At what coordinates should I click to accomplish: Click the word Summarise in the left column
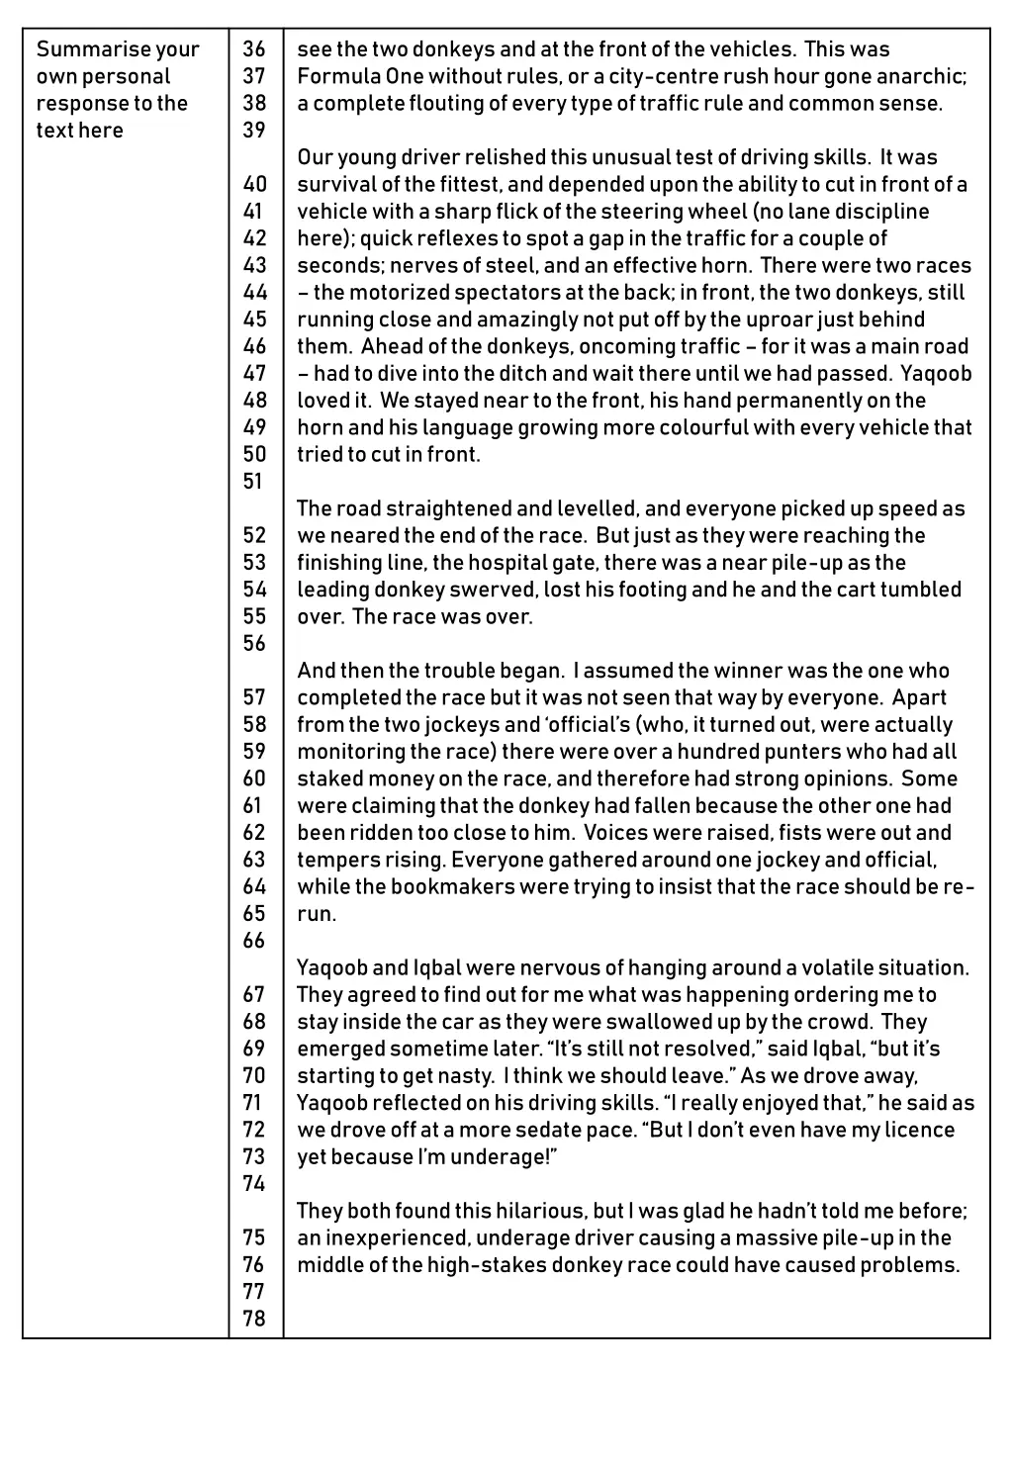pos(79,49)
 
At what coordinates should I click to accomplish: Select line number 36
pos(254,49)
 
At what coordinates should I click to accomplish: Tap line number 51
pos(254,482)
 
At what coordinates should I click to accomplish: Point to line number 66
pos(254,941)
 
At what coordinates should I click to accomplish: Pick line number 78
pos(254,1319)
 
